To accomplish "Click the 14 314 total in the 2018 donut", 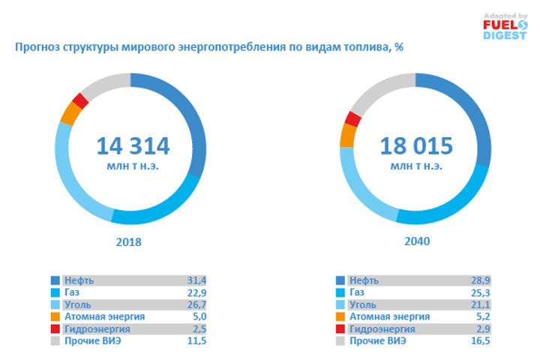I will point(133,145).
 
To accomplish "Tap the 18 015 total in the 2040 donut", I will point(418,145).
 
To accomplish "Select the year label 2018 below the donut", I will point(130,243).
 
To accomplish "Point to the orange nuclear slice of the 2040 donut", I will point(347,135).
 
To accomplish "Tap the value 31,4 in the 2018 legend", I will point(196,280).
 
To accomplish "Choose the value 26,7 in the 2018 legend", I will point(196,304).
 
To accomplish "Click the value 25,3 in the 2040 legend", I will point(481,292).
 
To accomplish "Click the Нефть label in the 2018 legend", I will point(78,280).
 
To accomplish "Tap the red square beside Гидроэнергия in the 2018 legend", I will point(55,329).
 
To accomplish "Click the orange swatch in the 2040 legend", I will point(340,316).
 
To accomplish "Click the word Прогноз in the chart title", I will point(37,47).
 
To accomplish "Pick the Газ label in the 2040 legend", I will point(358,292).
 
